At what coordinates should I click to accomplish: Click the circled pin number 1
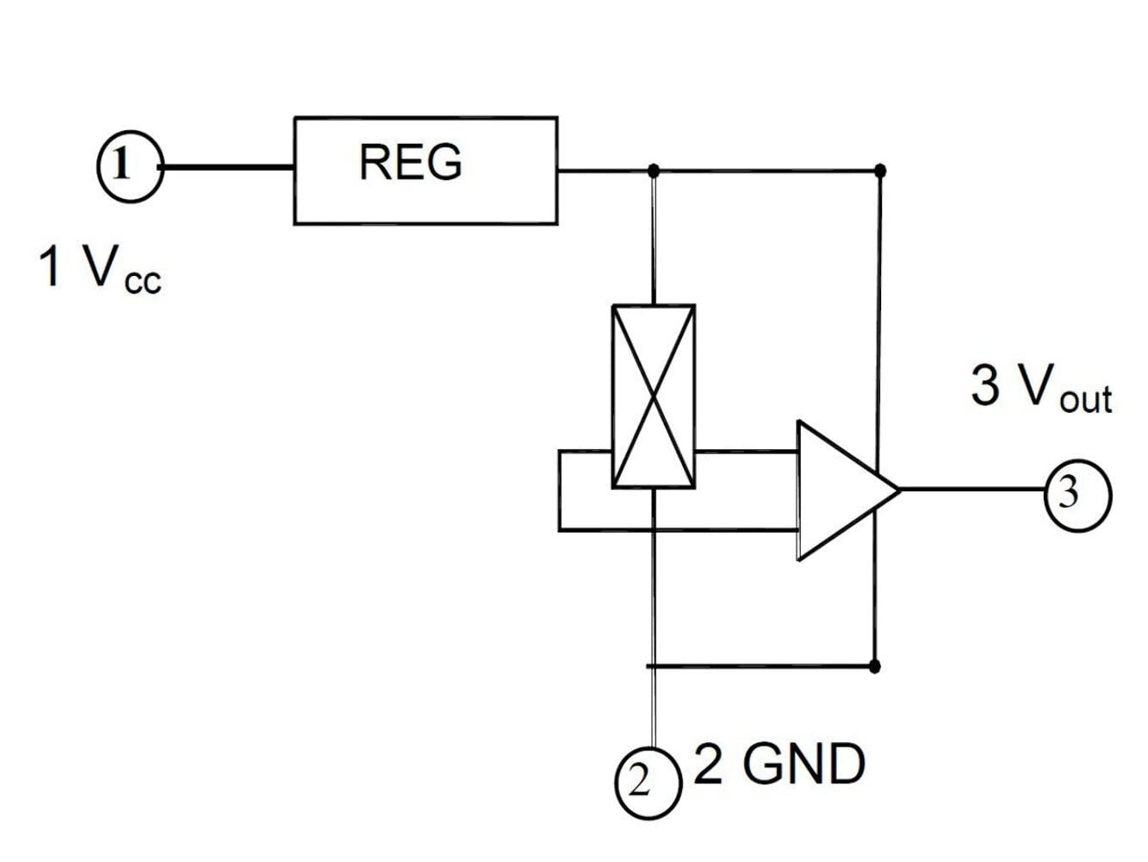[130, 166]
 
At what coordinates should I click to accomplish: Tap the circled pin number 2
[648, 783]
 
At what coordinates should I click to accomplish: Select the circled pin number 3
[1078, 495]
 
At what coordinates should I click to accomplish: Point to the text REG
[411, 162]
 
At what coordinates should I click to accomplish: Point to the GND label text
[804, 765]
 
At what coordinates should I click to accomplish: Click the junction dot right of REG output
[654, 170]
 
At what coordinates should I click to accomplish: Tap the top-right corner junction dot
[880, 170]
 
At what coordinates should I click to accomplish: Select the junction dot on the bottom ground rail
[874, 666]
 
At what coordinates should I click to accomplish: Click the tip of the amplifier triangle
[900, 490]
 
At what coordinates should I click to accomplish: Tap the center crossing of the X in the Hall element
[654, 397]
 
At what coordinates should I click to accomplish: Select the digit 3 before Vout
[985, 385]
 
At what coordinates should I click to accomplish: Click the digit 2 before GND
[709, 765]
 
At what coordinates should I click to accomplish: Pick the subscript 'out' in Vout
[1086, 400]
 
